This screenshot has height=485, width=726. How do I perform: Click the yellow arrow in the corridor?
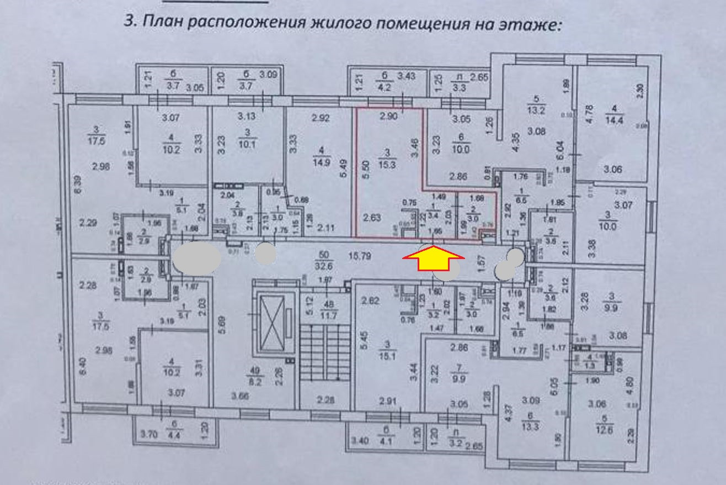pyautogui.click(x=434, y=260)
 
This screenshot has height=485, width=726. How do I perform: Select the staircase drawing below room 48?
pyautogui.click(x=325, y=353)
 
